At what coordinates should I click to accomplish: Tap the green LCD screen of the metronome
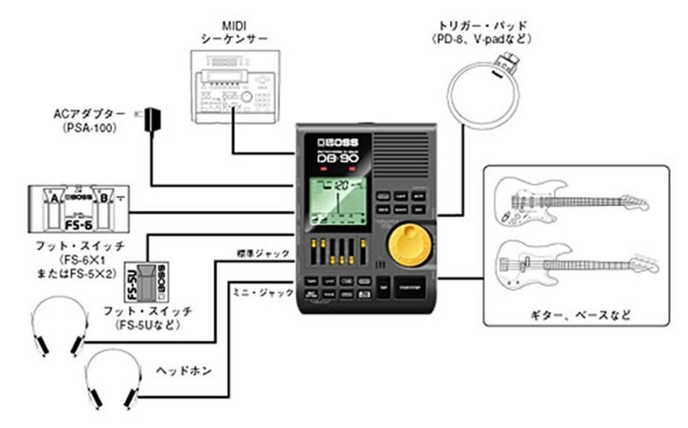click(338, 202)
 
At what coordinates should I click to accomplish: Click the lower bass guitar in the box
click(574, 264)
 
